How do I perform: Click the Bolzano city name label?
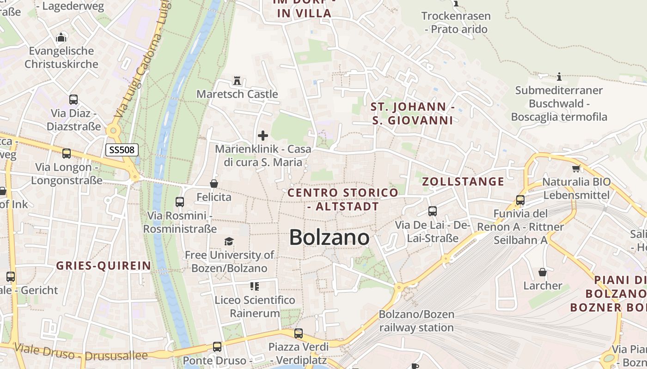point(329,238)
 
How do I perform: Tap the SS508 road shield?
point(122,150)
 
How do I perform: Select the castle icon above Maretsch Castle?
point(237,81)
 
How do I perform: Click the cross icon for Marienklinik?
point(263,136)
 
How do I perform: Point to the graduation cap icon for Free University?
point(229,241)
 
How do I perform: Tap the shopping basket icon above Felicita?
point(214,184)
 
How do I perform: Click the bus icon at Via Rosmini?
point(180,202)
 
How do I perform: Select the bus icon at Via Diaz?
point(73,100)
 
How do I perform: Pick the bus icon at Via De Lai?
point(433,211)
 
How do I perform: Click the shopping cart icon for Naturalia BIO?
point(576,168)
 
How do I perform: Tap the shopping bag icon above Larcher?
point(543,272)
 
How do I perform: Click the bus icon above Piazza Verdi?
point(299,333)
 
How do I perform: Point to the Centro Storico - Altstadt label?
point(343,199)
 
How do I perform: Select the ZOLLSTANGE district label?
point(463,182)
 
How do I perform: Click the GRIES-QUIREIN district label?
point(104,266)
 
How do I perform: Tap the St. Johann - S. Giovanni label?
point(413,114)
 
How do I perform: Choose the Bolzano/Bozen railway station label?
point(416,321)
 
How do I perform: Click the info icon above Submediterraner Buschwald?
point(559,77)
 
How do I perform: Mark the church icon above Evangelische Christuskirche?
point(61,37)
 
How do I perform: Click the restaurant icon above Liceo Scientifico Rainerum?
point(254,286)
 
